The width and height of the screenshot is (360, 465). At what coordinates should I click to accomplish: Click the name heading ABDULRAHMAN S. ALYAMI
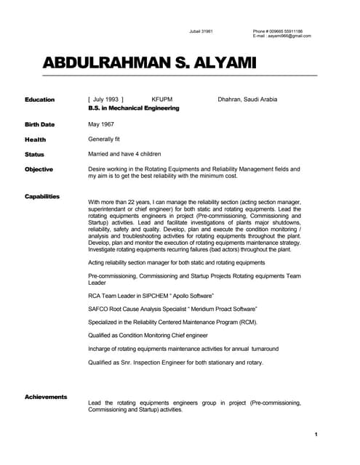(x=150, y=64)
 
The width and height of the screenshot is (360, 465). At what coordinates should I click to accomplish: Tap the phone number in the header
(x=278, y=31)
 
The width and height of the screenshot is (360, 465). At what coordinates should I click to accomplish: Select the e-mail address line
(x=281, y=36)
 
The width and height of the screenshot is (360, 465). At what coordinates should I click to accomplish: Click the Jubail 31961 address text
(x=201, y=31)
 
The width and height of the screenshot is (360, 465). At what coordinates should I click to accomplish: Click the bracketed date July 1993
(x=105, y=100)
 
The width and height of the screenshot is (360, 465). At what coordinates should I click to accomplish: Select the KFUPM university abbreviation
(x=162, y=100)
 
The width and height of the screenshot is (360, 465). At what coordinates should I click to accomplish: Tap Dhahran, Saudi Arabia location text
(x=247, y=100)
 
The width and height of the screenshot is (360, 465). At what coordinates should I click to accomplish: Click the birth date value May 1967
(x=103, y=124)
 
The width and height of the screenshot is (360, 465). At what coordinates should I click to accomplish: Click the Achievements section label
(x=46, y=397)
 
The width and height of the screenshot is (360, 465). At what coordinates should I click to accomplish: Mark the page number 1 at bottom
(x=316, y=434)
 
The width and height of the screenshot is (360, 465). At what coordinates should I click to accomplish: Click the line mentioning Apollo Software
(x=151, y=296)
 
